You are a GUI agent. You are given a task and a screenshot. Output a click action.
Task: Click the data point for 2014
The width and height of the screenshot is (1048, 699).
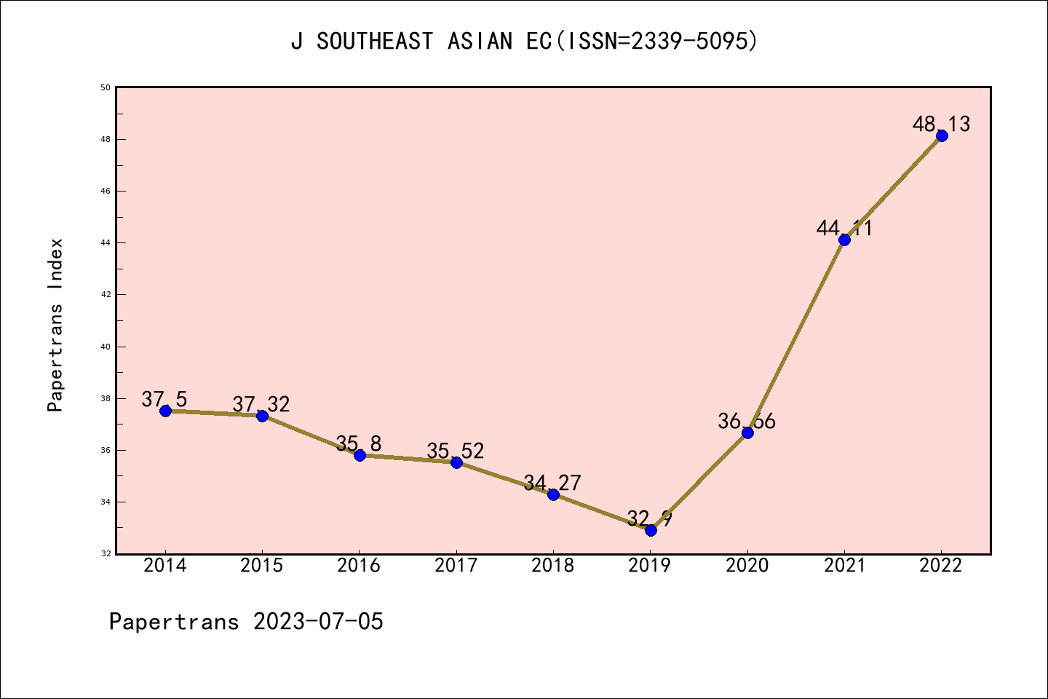pyautogui.click(x=165, y=411)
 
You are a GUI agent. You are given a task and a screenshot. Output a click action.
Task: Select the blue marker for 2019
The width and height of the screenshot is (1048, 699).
pyautogui.click(x=651, y=530)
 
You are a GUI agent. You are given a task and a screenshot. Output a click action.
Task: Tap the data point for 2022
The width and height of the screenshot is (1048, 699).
pyautogui.click(x=942, y=135)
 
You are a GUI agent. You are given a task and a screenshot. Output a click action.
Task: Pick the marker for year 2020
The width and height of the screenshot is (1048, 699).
pyautogui.click(x=747, y=433)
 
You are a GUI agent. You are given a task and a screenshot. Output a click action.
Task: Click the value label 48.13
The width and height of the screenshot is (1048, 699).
pyautogui.click(x=941, y=124)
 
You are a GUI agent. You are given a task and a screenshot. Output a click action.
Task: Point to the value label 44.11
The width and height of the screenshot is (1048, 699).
pyautogui.click(x=844, y=228)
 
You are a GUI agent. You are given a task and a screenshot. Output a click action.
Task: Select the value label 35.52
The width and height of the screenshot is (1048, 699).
pyautogui.click(x=455, y=451)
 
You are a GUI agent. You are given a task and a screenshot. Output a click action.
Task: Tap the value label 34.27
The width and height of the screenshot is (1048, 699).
pyautogui.click(x=552, y=483)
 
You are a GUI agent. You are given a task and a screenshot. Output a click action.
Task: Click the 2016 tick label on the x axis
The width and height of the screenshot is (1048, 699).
pyautogui.click(x=359, y=566)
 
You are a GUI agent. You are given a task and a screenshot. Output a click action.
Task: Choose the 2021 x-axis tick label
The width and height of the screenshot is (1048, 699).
pyautogui.click(x=844, y=566)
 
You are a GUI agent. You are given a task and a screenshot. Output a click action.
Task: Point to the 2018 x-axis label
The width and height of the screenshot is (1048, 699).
pyautogui.click(x=553, y=566)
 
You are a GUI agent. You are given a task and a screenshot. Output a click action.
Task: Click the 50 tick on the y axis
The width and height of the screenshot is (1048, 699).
pyautogui.click(x=106, y=87)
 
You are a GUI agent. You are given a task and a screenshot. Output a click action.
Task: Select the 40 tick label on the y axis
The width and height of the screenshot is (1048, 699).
pyautogui.click(x=106, y=347)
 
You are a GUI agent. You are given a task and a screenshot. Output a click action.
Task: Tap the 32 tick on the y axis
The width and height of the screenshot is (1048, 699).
pyautogui.click(x=106, y=553)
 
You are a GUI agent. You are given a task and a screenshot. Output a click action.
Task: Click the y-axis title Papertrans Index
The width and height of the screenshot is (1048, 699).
pyautogui.click(x=55, y=325)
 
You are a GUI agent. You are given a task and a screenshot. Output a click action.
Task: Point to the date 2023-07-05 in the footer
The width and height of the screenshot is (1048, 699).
pyautogui.click(x=318, y=622)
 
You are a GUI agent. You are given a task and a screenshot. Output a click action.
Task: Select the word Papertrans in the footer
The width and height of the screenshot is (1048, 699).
pyautogui.click(x=174, y=622)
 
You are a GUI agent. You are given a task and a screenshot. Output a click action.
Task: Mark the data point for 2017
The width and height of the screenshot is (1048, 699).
pyautogui.click(x=456, y=462)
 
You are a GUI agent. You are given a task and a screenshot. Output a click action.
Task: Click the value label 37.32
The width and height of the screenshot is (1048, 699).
pyautogui.click(x=261, y=404)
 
